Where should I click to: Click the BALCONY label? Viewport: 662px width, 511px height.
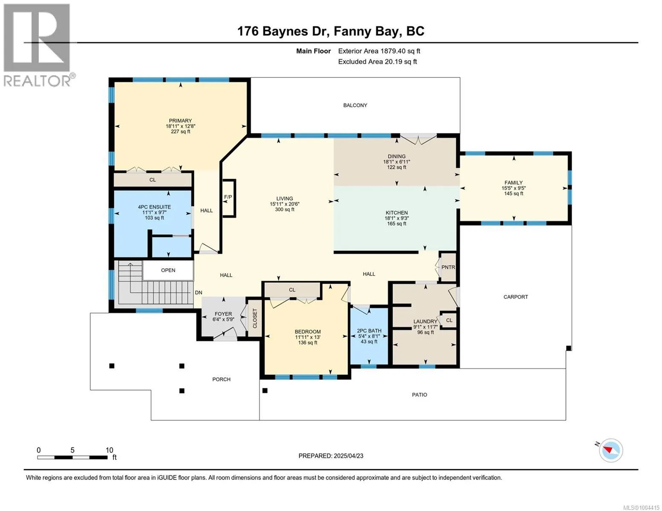(355, 105)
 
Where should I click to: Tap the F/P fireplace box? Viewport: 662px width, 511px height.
(229, 198)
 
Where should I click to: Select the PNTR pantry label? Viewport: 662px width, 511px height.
(448, 267)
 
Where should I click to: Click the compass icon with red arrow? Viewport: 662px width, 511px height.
(610, 451)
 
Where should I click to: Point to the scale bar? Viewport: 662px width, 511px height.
(72, 457)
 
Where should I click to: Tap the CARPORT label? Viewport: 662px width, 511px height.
(515, 297)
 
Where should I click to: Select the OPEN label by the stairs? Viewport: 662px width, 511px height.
(168, 270)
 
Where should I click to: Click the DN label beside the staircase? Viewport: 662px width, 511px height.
(198, 293)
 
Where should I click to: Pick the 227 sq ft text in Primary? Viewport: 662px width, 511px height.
(180, 132)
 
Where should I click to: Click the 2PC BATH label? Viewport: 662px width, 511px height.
(369, 330)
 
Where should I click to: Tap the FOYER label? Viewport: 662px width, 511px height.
(223, 314)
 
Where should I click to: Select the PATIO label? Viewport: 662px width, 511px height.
(419, 395)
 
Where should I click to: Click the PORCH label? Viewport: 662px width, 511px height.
(221, 379)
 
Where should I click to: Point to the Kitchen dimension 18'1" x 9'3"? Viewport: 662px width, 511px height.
(397, 218)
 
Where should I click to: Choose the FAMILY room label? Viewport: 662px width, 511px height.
(514, 183)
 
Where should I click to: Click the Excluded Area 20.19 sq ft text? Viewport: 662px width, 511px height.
(377, 62)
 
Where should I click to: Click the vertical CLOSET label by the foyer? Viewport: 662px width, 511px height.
(255, 319)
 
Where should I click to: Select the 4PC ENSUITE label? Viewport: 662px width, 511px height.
(154, 207)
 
